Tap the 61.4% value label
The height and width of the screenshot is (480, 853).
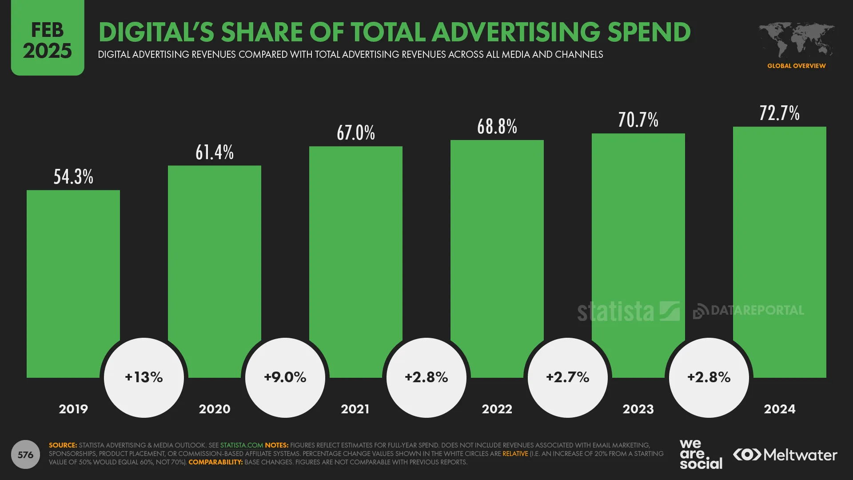tap(215, 152)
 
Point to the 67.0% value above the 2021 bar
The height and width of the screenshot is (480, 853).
tap(355, 133)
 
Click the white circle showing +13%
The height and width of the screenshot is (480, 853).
tap(144, 377)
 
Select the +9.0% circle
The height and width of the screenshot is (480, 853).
tap(285, 377)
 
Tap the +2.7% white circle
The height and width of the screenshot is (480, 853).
tap(567, 377)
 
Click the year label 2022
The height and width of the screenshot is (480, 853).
tap(497, 409)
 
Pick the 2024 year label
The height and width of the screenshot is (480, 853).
tap(779, 409)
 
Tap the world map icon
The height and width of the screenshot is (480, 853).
tap(796, 40)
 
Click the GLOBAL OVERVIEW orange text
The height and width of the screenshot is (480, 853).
tap(796, 66)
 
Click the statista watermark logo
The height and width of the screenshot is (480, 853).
tap(628, 311)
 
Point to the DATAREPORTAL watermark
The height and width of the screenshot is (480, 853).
tap(749, 310)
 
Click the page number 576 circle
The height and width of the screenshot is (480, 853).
tap(25, 455)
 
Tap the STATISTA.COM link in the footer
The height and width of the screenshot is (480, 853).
tap(242, 445)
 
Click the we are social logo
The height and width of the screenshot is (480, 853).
tap(701, 454)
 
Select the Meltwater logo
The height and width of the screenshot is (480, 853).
tap(785, 455)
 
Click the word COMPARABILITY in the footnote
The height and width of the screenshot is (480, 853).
tap(215, 462)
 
